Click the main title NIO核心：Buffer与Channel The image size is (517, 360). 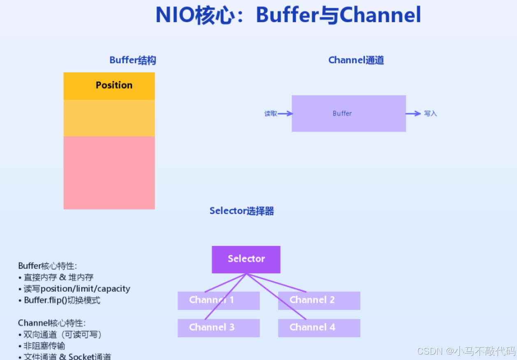click(x=288, y=16)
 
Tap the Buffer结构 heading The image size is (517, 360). click(x=132, y=60)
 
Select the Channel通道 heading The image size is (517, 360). click(x=356, y=60)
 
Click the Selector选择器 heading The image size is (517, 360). click(x=241, y=211)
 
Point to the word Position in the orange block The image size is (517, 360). click(x=114, y=85)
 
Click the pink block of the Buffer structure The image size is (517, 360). click(x=109, y=173)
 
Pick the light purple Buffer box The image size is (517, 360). click(x=348, y=114)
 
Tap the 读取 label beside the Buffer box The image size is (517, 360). click(x=271, y=114)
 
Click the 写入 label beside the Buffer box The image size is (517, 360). click(x=430, y=114)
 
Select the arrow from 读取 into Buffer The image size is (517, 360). click(x=285, y=114)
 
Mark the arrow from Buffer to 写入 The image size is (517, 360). click(x=413, y=114)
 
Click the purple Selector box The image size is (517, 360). click(x=246, y=259)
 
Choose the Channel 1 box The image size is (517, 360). click(x=218, y=300)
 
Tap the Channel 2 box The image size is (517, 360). click(x=319, y=300)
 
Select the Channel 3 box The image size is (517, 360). click(x=218, y=328)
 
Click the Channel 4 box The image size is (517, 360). click(x=319, y=328)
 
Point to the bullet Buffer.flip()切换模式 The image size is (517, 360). click(x=62, y=300)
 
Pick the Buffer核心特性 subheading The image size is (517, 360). click(x=47, y=266)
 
